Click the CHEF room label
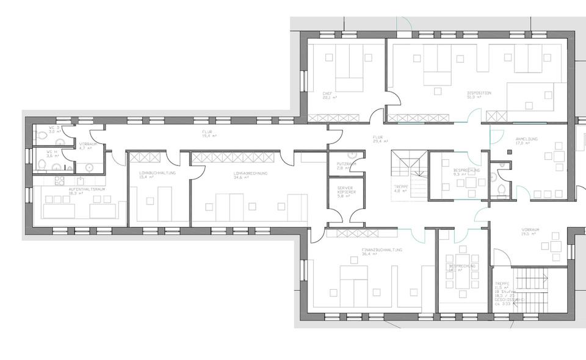tap(328, 94)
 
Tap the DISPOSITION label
tap(479, 93)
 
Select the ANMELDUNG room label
tap(526, 139)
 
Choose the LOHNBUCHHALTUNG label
tap(157, 173)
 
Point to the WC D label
tap(52, 127)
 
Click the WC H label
tap(52, 152)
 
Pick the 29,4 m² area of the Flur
tap(383, 140)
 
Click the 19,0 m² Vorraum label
tap(530, 231)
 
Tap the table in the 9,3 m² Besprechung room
tap(469, 182)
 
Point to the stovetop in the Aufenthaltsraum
tap(60, 180)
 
